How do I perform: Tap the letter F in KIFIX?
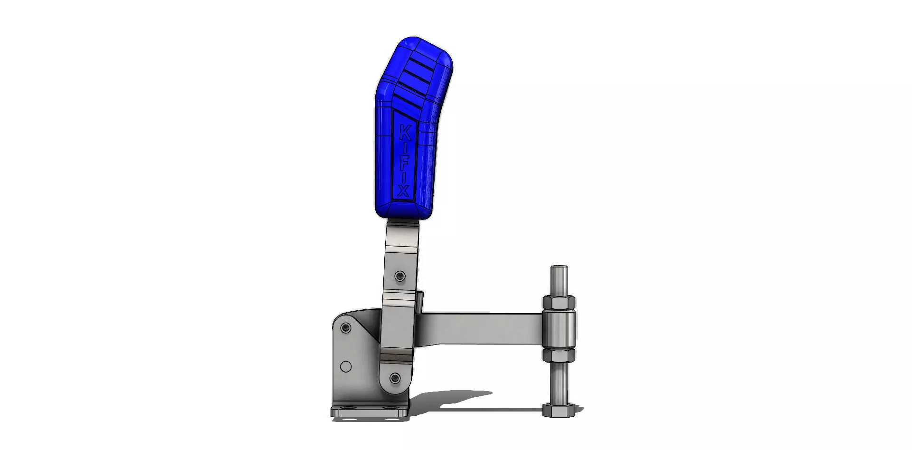[x=404, y=167]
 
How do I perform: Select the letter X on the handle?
[x=403, y=191]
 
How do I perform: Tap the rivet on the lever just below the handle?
[x=400, y=276]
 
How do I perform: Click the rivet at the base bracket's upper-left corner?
[x=346, y=327]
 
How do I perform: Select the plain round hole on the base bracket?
[x=346, y=366]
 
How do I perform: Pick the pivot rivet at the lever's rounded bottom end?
[x=395, y=378]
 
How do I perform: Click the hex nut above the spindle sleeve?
[x=559, y=302]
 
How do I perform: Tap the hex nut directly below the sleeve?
[x=559, y=355]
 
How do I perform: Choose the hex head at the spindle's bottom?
[x=559, y=411]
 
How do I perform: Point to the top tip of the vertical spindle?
[x=559, y=268]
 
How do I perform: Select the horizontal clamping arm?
[x=480, y=328]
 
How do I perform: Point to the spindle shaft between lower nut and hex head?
[x=559, y=383]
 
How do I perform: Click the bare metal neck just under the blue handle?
[x=402, y=233]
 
